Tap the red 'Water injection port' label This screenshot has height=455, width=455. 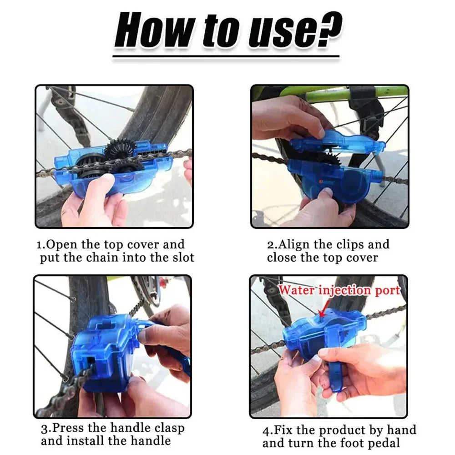coord(339,290)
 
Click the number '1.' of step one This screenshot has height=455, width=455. coord(41,245)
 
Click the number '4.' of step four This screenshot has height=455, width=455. coord(267,430)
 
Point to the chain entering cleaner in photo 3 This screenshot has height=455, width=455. coord(68,387)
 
